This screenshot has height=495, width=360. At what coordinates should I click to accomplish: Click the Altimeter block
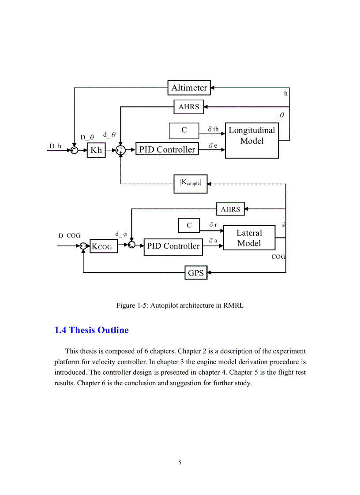(x=189, y=88)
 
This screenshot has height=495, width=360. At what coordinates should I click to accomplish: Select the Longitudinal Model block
(x=251, y=141)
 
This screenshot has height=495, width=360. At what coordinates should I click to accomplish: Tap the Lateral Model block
(x=249, y=238)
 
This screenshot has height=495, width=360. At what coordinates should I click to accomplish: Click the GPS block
(x=195, y=273)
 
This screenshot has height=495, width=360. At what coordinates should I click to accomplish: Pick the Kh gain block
(x=96, y=150)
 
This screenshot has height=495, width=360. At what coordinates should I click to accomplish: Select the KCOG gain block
(x=104, y=246)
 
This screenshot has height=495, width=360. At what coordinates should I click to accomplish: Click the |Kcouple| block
(x=191, y=183)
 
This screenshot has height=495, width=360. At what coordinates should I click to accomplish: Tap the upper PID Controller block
(x=167, y=150)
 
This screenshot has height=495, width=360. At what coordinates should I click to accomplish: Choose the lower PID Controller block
(x=173, y=246)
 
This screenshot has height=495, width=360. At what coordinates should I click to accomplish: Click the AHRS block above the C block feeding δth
(x=189, y=107)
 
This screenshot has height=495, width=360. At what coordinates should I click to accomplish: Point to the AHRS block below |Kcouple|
(x=230, y=209)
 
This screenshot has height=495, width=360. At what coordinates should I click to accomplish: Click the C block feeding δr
(x=189, y=225)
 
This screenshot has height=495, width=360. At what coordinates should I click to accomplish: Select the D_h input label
(x=55, y=146)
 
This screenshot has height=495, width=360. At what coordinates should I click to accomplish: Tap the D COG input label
(x=70, y=236)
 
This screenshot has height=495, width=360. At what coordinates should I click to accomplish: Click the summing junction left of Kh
(x=75, y=150)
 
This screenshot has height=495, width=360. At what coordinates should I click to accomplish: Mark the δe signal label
(x=213, y=145)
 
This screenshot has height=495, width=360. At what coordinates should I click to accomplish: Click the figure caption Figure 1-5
(x=180, y=305)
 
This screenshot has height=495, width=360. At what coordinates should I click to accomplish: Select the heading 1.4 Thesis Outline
(x=91, y=330)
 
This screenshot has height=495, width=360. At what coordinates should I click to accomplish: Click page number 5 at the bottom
(x=180, y=462)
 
